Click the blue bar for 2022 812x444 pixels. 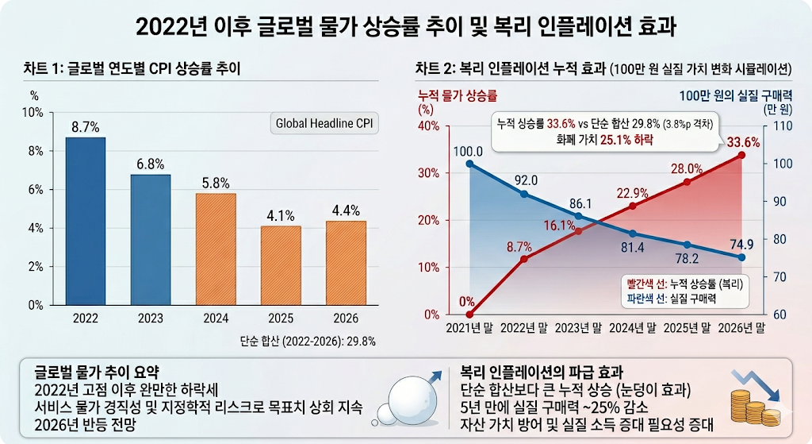[x=85, y=221]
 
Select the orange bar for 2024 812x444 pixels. [x=216, y=249]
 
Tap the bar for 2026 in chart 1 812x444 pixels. [x=347, y=262]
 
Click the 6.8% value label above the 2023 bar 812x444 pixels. [x=150, y=164]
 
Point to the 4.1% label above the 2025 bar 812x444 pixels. [x=281, y=215]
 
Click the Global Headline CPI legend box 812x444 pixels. [x=324, y=123]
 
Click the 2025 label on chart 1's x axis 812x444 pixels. [x=281, y=319]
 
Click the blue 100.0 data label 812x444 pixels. [x=468, y=151]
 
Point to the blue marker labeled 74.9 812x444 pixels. [x=741, y=257]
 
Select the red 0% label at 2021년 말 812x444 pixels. [x=467, y=302]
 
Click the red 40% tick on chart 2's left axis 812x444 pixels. [x=428, y=126]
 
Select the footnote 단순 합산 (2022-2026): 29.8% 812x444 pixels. [x=308, y=340]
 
